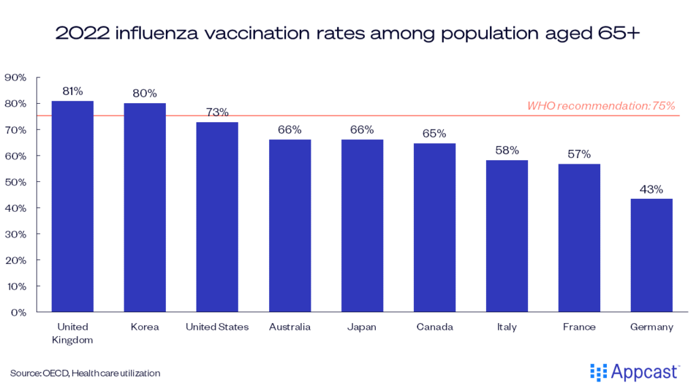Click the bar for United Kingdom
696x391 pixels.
pos(72,206)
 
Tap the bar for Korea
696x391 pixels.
pos(145,208)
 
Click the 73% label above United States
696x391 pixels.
pos(217,113)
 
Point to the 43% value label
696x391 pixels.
pos(652,189)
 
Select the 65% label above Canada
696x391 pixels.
pos(434,134)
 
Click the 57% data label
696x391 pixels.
pos(579,154)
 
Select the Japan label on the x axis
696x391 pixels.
pos(362,327)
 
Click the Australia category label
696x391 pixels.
pos(290,327)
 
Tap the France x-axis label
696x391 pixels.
pos(579,327)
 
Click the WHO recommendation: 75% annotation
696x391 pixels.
pos(601,106)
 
